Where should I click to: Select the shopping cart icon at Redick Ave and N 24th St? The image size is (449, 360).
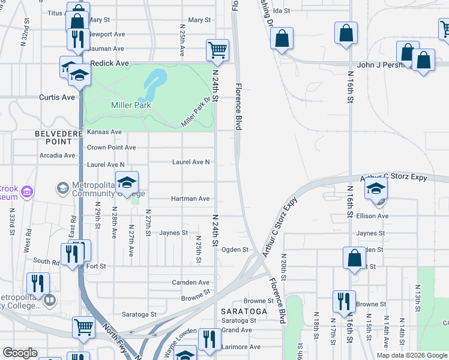pyautogui.click(x=217, y=50)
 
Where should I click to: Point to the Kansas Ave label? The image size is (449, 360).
pyautogui.click(x=104, y=132)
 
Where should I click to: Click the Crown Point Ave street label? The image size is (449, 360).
pyautogui.click(x=111, y=147)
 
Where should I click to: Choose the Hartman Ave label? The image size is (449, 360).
pyautogui.click(x=190, y=199)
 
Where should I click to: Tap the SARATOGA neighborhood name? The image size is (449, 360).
pyautogui.click(x=244, y=311)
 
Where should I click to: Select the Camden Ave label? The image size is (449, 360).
pyautogui.click(x=190, y=282)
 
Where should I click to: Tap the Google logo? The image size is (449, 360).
pyautogui.click(x=20, y=353)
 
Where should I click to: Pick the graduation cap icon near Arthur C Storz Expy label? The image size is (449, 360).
pyautogui.click(x=376, y=189)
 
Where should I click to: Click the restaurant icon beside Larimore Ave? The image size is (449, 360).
pyautogui.click(x=209, y=338)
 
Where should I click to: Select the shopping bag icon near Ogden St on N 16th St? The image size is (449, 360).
pyautogui.click(x=355, y=257)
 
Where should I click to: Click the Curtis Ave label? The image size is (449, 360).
pyautogui.click(x=57, y=97)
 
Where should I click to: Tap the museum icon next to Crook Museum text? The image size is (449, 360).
pyautogui.click(x=26, y=192)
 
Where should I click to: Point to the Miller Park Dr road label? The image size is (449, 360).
pyautogui.click(x=197, y=113)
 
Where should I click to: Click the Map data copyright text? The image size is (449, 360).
pyautogui.click(x=411, y=355)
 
